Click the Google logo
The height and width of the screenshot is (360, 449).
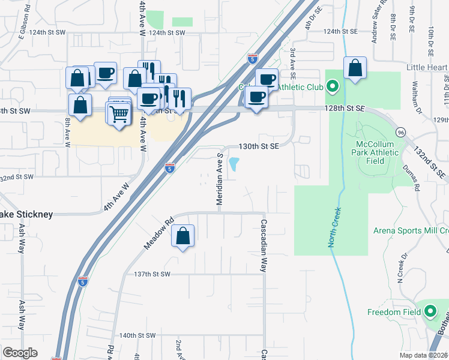point(20,353)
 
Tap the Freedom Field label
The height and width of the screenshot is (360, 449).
point(394,312)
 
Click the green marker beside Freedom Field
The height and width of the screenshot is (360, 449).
point(430,311)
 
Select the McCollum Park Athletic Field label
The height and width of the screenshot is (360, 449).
point(377,152)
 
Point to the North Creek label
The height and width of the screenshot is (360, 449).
point(333,227)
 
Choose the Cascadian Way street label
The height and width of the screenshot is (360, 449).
point(263,245)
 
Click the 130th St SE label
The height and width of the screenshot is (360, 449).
point(259,146)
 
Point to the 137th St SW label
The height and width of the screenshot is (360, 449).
point(152,274)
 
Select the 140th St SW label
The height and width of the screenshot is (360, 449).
point(137,335)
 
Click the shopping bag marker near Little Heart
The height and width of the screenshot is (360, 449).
point(355,68)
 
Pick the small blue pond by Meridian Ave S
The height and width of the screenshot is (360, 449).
point(234,163)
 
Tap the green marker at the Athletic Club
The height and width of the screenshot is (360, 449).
point(333,88)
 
